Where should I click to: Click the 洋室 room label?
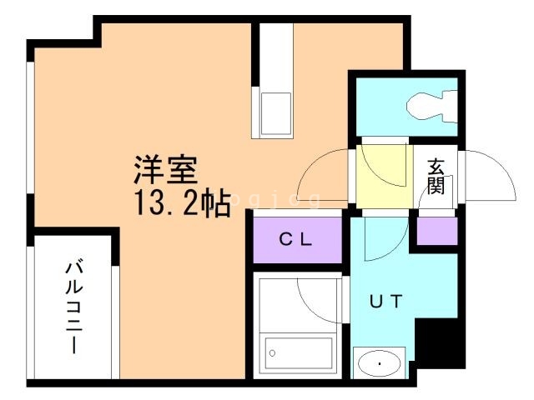click(x=165, y=170)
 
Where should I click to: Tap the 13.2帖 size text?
click(x=180, y=202)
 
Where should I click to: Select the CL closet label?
click(x=295, y=241)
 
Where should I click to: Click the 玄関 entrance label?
click(x=436, y=177)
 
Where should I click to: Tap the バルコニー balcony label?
click(x=73, y=307)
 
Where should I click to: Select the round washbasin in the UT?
click(x=380, y=364)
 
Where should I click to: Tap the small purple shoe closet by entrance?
click(x=437, y=232)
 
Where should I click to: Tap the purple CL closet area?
click(x=297, y=240)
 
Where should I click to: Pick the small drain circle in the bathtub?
click(x=271, y=353)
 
